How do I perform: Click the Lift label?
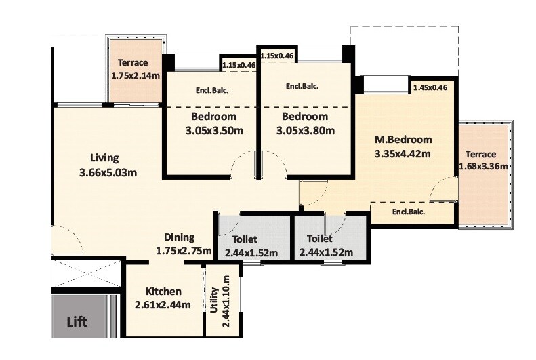click(x=76, y=321)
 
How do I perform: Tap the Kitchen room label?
click(x=158, y=292)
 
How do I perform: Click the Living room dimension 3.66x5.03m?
click(x=108, y=172)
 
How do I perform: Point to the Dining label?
click(x=180, y=237)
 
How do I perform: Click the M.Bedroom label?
click(x=403, y=140)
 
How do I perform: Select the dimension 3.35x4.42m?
click(x=403, y=154)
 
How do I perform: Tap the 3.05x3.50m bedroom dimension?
click(x=213, y=130)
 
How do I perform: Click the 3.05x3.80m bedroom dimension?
click(x=305, y=130)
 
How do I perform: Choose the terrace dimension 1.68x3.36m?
click(x=484, y=167)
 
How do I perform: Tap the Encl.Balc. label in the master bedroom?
click(x=409, y=212)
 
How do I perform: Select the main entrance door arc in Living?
click(x=66, y=241)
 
